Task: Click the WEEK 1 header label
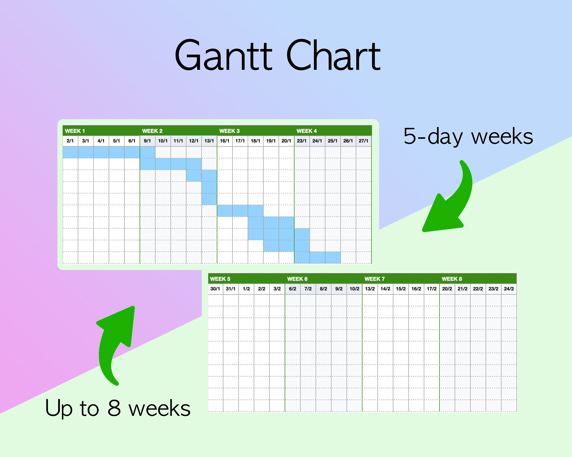point(75,131)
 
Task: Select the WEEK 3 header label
point(229,131)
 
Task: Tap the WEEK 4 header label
point(306,131)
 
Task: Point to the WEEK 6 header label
point(297,279)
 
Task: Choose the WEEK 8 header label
point(451,279)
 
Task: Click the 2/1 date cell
point(70,141)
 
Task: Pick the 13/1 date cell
point(209,141)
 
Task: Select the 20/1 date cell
point(286,141)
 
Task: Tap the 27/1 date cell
point(363,141)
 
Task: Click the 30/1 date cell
point(215,288)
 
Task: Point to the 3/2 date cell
point(277,288)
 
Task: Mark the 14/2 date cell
point(385,288)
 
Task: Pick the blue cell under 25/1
point(333,257)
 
